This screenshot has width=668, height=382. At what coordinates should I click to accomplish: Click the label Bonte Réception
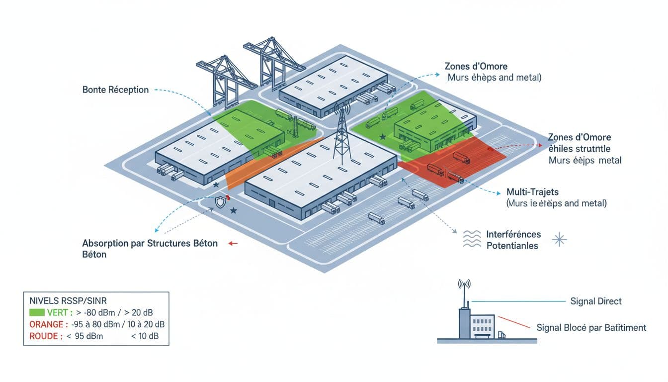click(x=115, y=90)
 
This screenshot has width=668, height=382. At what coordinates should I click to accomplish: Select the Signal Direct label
click(x=595, y=301)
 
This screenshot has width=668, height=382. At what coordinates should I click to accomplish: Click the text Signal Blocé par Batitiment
click(x=591, y=328)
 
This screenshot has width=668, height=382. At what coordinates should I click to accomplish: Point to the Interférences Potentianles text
click(x=513, y=240)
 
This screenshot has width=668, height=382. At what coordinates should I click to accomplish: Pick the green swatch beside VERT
click(x=37, y=312)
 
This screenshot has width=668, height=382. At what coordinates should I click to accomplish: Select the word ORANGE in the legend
click(x=42, y=324)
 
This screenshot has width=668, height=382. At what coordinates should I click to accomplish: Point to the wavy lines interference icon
click(x=472, y=239)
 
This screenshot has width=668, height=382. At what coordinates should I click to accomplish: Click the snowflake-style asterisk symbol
click(x=560, y=240)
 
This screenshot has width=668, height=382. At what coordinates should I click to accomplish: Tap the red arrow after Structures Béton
click(x=233, y=244)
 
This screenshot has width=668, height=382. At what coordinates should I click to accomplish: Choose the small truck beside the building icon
click(x=501, y=336)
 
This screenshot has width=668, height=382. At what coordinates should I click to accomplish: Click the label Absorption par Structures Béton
click(x=150, y=244)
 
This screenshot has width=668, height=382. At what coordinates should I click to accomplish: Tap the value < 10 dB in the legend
click(x=144, y=336)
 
